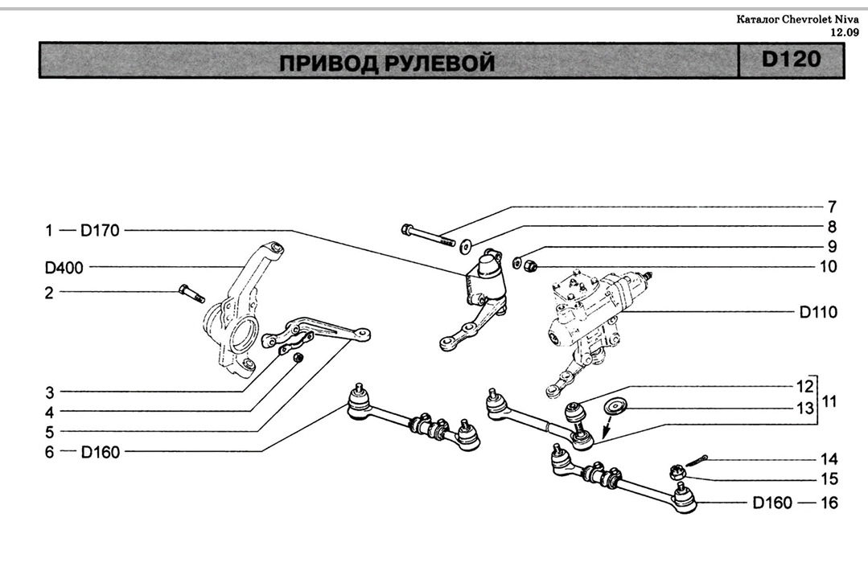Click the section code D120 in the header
coord(790,60)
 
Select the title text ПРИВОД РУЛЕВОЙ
coord(387,63)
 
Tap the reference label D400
coord(64,267)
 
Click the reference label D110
coord(818,312)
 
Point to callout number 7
coord(832,207)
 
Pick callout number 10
coord(828,266)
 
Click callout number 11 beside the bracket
coord(829,398)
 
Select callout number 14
coord(829,459)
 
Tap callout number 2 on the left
coord(49,293)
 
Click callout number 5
coord(49,432)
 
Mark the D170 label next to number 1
coord(100,232)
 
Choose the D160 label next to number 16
coord(772,503)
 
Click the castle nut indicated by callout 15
coord(677,471)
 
